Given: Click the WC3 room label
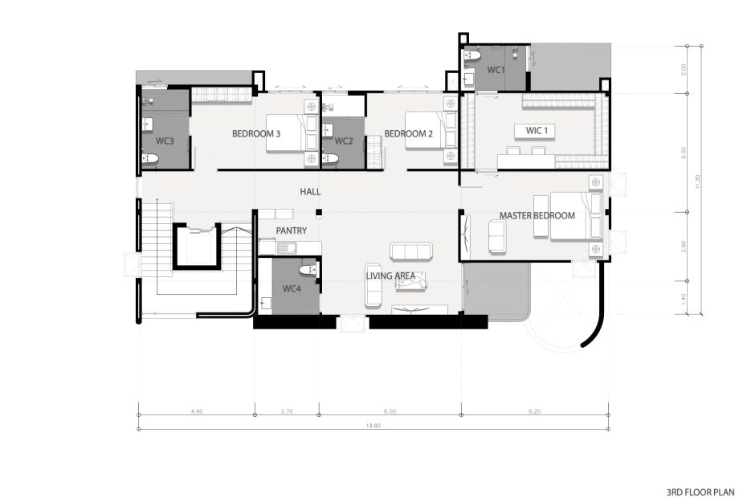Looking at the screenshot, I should [165, 141].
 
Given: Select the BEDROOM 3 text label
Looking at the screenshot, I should [256, 133].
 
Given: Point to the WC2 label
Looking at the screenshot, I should [344, 141].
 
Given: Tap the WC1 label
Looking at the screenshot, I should [496, 71].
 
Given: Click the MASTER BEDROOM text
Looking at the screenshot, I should [537, 216].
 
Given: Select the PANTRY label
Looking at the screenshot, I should [292, 231].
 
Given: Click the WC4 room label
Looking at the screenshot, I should [292, 288].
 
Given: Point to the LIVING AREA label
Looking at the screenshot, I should [390, 276].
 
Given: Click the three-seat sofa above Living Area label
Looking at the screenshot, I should [410, 251].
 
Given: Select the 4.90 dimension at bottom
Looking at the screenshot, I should [197, 410].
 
